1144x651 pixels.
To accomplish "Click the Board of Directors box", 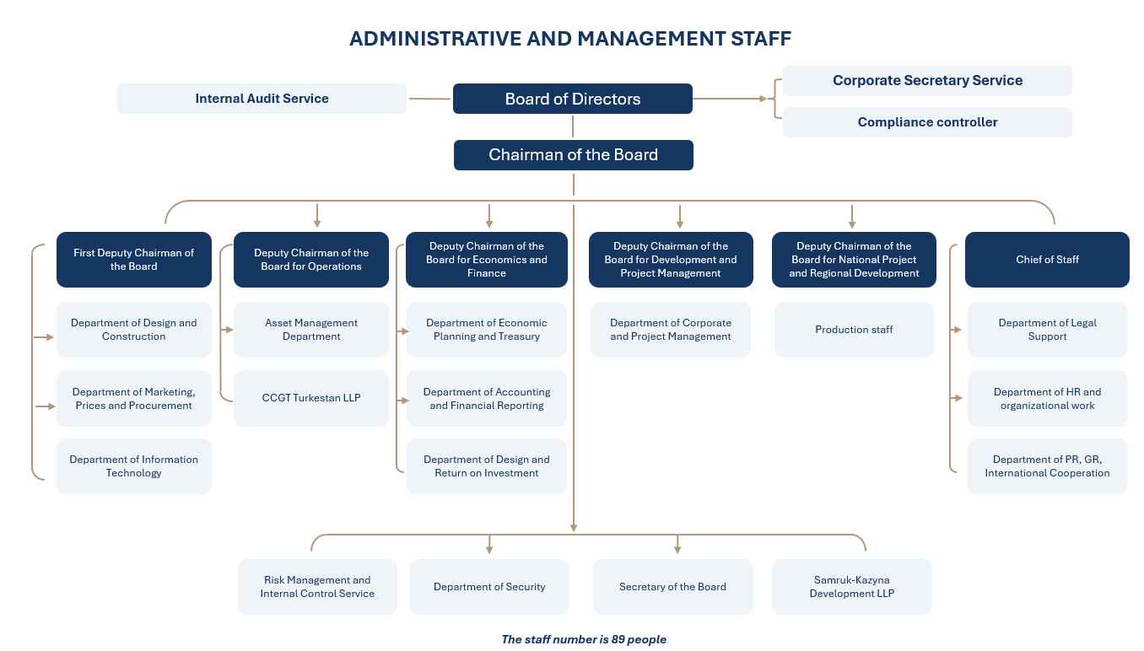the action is click(x=573, y=99).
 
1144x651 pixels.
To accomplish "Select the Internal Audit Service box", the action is click(x=262, y=99).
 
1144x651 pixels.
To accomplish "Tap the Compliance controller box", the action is click(x=927, y=122).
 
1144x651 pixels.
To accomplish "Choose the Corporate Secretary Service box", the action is click(x=927, y=81).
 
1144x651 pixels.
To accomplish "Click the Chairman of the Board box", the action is click(x=574, y=155).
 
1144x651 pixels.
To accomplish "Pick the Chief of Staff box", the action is click(x=1047, y=260).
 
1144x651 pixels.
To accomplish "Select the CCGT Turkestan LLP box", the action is click(x=311, y=398).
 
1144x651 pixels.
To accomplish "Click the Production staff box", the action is click(x=854, y=330).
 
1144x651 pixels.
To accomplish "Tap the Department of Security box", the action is click(x=489, y=587).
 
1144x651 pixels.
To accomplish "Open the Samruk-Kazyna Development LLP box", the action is click(x=852, y=587).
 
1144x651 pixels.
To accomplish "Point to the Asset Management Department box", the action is click(x=311, y=330).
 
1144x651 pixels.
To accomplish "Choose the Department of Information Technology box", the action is click(x=134, y=466).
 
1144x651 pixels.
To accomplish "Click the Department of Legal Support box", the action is click(x=1048, y=330).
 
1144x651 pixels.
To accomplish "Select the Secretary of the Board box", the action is click(x=672, y=587).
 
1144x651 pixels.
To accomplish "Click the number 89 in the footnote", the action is click(x=618, y=639).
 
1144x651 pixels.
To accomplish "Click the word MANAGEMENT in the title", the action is click(x=650, y=39).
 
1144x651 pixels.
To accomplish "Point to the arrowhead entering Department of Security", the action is click(x=489, y=550).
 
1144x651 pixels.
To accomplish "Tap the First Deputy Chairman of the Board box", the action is click(x=134, y=260).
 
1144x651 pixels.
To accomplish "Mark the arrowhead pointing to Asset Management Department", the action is click(x=229, y=330).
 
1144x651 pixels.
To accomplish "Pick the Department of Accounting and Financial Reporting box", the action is click(x=487, y=398).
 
